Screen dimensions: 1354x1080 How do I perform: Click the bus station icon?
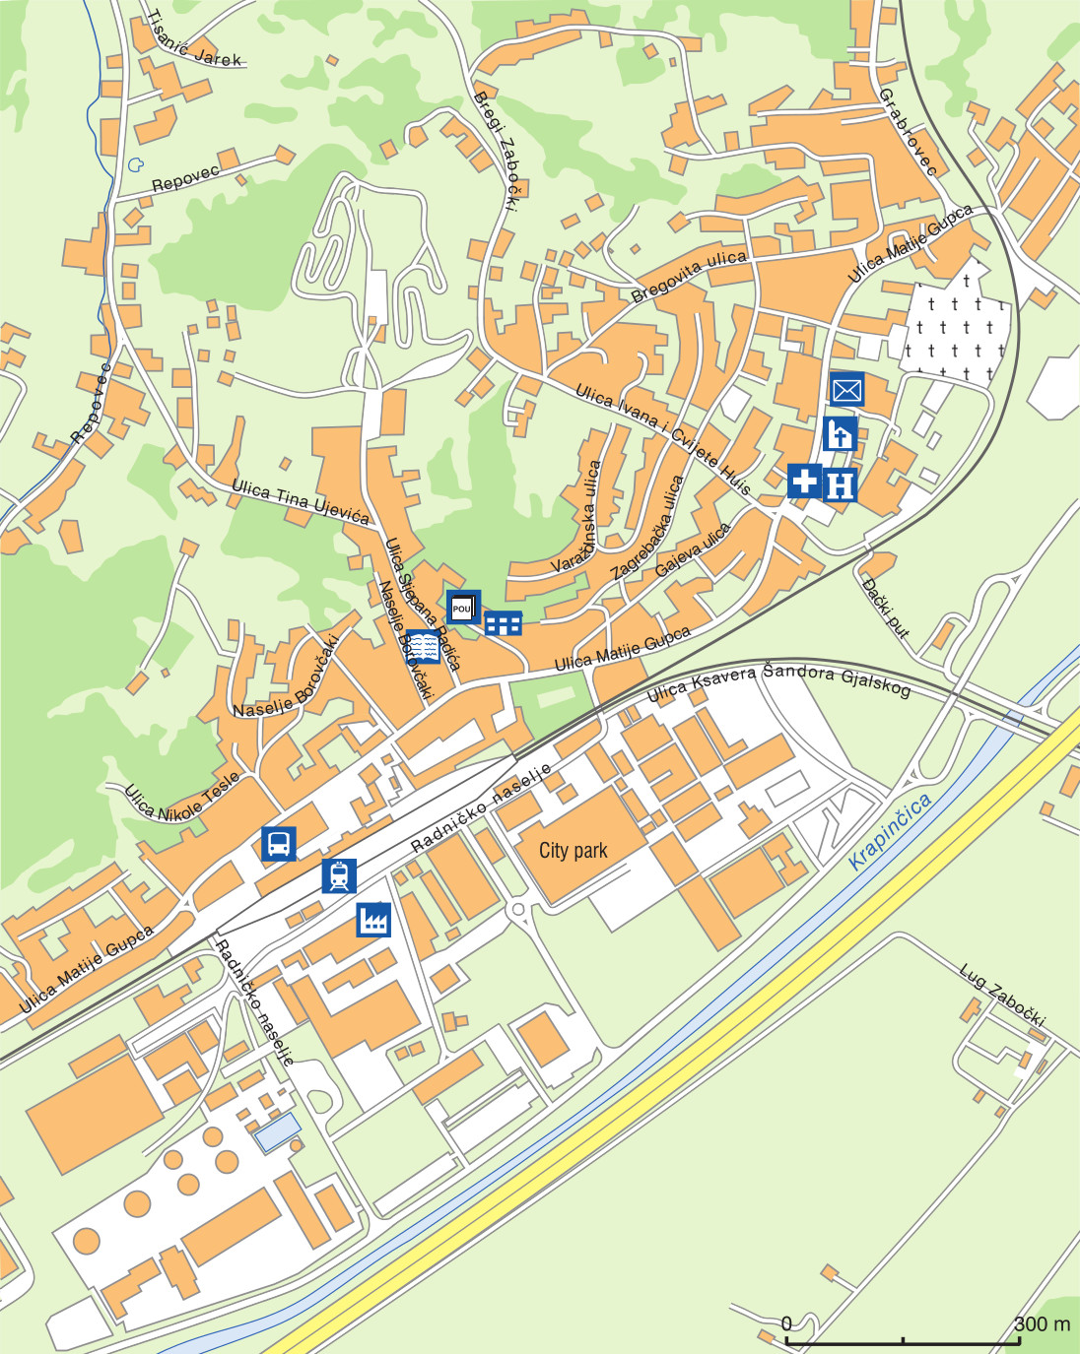pyautogui.click(x=279, y=844)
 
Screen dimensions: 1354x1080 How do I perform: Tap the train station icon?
pyautogui.click(x=339, y=875)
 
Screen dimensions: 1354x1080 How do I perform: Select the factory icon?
pyautogui.click(x=373, y=920)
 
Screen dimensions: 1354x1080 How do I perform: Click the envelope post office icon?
pyautogui.click(x=846, y=390)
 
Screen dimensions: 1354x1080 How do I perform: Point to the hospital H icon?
pyautogui.click(x=840, y=484)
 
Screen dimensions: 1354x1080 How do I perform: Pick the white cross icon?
pyautogui.click(x=804, y=481)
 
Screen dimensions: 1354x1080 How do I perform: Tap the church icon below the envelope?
pyautogui.click(x=840, y=434)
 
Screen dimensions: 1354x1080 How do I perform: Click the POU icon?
pyautogui.click(x=462, y=608)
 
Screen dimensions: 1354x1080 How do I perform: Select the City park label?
pyautogui.click(x=573, y=851)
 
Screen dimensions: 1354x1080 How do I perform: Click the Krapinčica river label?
pyautogui.click(x=890, y=831)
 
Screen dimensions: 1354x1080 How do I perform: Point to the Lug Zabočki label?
pyautogui.click(x=1002, y=996)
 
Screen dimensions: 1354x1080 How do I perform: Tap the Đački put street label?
pyautogui.click(x=885, y=608)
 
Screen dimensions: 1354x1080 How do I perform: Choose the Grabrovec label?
pyautogui.click(x=908, y=131)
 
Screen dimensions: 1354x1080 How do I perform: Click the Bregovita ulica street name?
pyautogui.click(x=689, y=276)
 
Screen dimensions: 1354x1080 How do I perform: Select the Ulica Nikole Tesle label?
pyautogui.click(x=181, y=797)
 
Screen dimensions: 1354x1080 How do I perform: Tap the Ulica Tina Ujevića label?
pyautogui.click(x=301, y=500)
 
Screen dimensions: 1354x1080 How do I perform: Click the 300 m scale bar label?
pyautogui.click(x=1042, y=1324)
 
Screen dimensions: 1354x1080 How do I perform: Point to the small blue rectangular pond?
pyautogui.click(x=278, y=1132)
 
